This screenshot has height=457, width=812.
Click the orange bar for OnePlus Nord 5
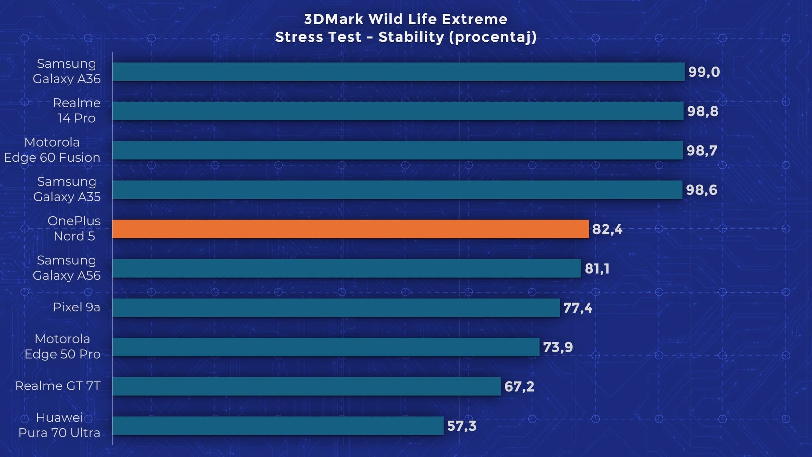tap(350, 229)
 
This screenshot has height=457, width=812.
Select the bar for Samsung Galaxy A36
tap(398, 72)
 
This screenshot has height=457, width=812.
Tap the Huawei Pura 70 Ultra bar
tap(278, 425)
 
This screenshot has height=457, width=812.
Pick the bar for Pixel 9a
tap(336, 307)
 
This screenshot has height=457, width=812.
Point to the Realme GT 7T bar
tap(306, 386)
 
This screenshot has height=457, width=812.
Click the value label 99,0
tap(704, 72)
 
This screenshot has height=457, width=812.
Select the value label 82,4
tap(607, 229)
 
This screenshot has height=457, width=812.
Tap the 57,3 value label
tap(462, 426)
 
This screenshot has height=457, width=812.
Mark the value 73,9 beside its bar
tap(558, 347)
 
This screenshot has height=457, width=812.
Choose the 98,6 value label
tap(701, 190)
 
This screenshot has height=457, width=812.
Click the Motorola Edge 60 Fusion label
tap(52, 150)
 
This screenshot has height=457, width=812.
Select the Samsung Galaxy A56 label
tap(67, 268)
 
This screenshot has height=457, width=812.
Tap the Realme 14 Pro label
tap(77, 111)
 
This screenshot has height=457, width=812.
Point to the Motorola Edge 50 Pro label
tap(62, 346)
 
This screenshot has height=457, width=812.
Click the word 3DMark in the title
tap(334, 19)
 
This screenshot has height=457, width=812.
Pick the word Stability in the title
tap(411, 37)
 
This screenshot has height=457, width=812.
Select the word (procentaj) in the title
tap(492, 37)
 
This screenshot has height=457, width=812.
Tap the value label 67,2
tap(519, 386)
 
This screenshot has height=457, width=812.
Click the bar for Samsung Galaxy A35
tap(397, 189)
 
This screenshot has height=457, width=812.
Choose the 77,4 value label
tap(577, 308)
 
